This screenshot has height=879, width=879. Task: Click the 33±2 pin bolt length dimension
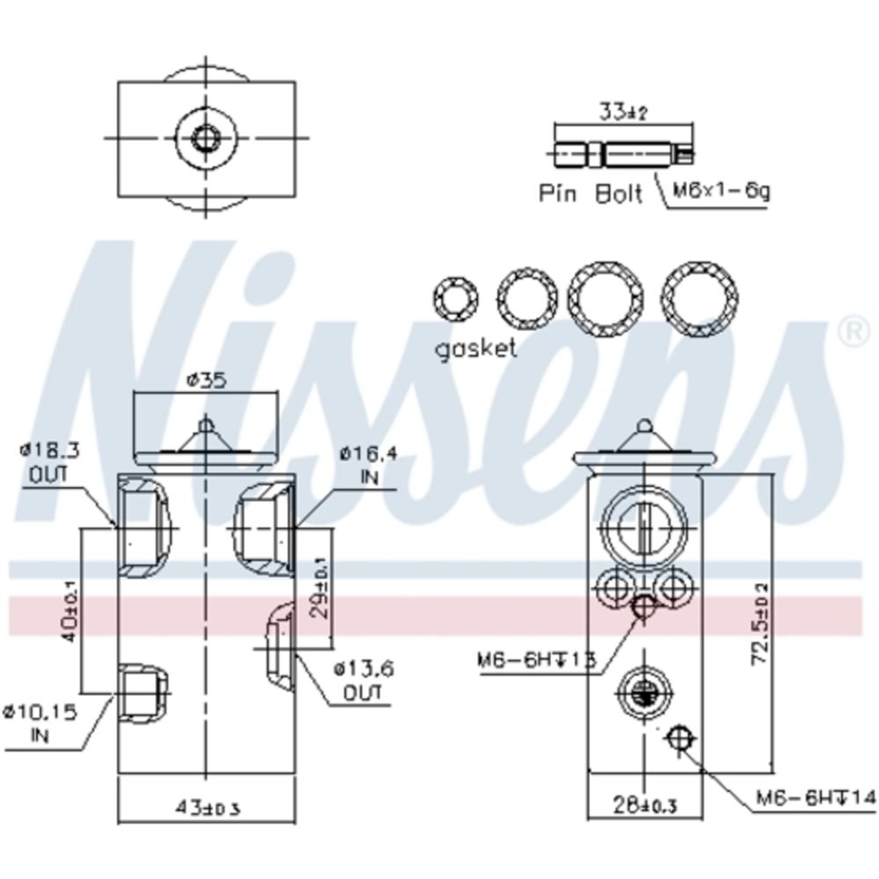pyautogui.click(x=623, y=113)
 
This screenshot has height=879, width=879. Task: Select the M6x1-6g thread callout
pyautogui.click(x=721, y=190)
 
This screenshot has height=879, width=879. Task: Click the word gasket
pyautogui.click(x=476, y=348)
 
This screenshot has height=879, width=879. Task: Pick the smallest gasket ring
pyautogui.click(x=455, y=301)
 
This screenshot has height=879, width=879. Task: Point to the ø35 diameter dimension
pyautogui.click(x=206, y=381)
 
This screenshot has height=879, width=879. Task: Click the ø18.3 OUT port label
pyautogui.click(x=51, y=463)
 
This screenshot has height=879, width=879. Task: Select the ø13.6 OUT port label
pyautogui.click(x=362, y=681)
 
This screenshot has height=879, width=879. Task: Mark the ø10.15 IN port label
pyautogui.click(x=40, y=722)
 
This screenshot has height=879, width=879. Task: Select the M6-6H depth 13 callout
pyautogui.click(x=537, y=659)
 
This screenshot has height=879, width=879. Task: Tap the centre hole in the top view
pyautogui.click(x=206, y=137)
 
